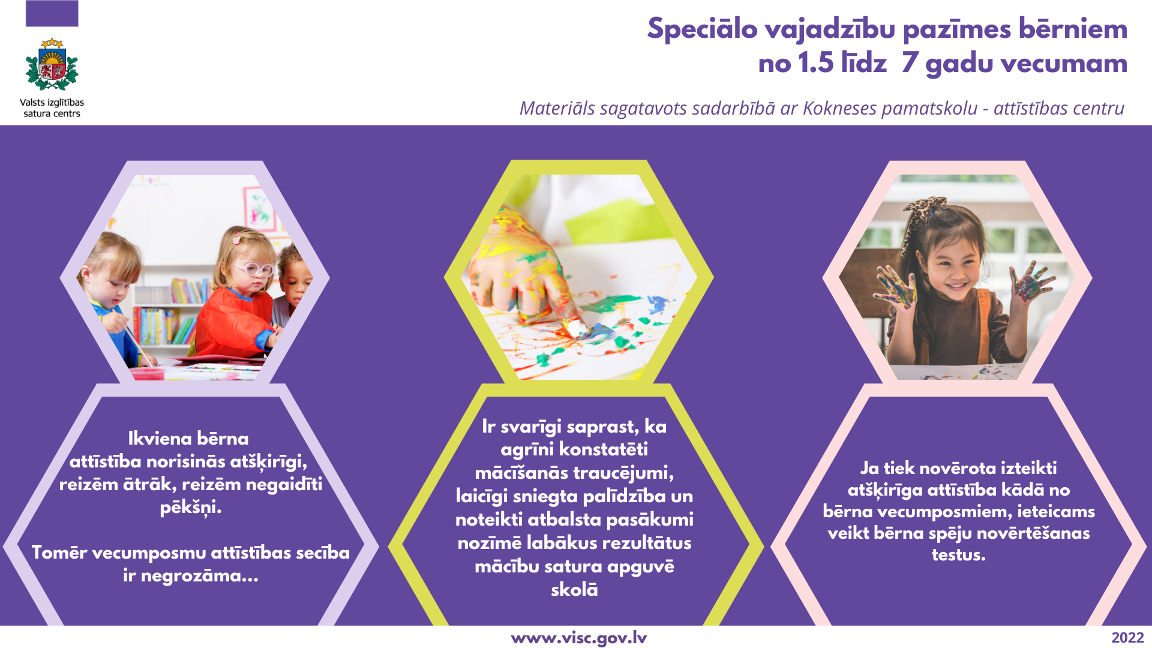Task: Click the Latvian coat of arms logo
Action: pos(52,64)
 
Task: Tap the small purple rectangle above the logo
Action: pos(52,13)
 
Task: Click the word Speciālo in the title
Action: pos(703,29)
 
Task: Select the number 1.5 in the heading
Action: pos(816,63)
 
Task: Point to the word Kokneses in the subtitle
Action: pos(839,108)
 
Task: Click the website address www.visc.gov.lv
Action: pos(579,638)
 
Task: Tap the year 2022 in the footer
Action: pos(1127,638)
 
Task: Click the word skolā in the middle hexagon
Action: pos(574,589)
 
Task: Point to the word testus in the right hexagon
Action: pos(958,555)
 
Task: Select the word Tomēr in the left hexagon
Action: pos(59,552)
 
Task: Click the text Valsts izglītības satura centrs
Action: pos(52,108)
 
